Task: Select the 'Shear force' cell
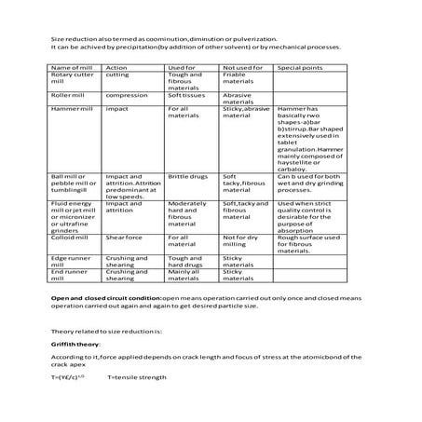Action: (x=124, y=238)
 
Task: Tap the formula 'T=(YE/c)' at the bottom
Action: (x=71, y=376)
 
